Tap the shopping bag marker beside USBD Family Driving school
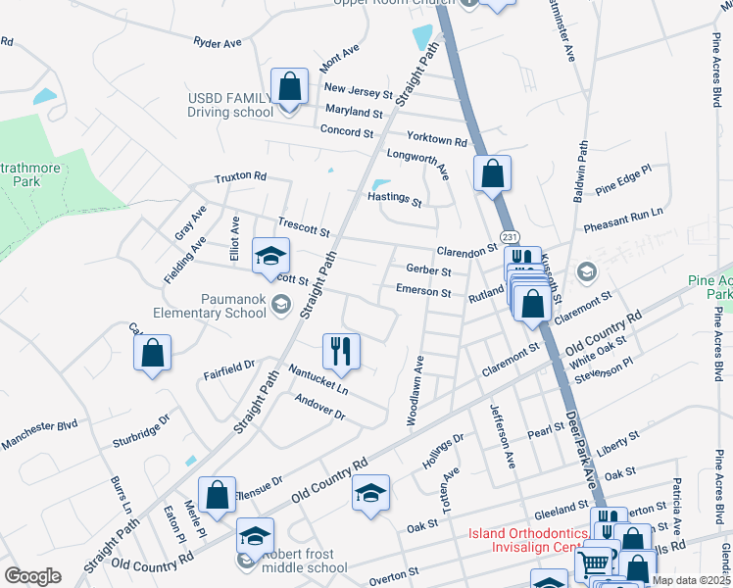click(289, 86)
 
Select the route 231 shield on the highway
click(509, 237)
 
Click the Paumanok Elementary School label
click(208, 306)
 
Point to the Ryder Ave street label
click(218, 43)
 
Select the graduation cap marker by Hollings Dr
click(370, 493)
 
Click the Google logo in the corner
click(32, 576)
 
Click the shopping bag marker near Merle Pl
click(217, 494)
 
